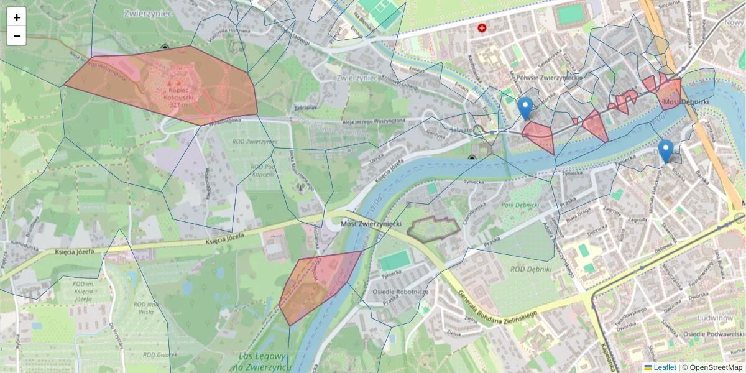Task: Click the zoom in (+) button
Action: click(17, 17)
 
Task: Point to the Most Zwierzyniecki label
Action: click(371, 223)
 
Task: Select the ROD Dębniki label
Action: click(530, 269)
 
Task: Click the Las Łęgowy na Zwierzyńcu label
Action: click(262, 362)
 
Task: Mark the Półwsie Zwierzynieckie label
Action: click(548, 76)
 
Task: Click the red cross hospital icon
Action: click(482, 28)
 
